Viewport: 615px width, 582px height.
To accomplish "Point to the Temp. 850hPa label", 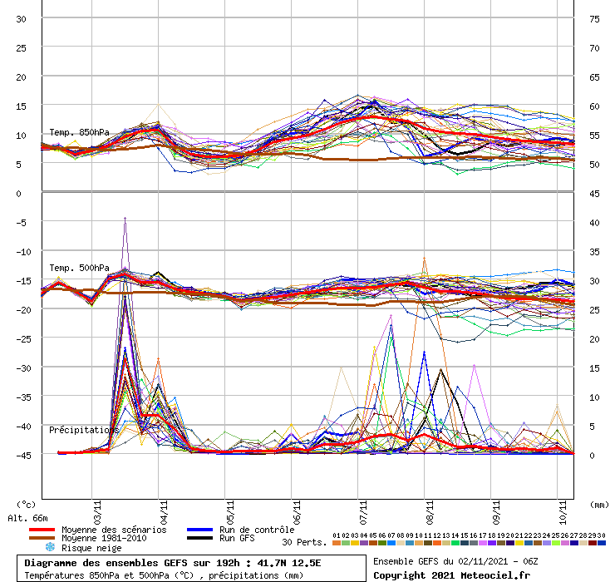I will pyautogui.click(x=79, y=132).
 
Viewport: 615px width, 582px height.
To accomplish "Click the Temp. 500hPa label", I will pyautogui.click(x=79, y=268).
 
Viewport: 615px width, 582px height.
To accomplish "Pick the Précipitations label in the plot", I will pyautogui.click(x=83, y=430).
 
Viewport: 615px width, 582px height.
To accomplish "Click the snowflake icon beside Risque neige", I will pyautogui.click(x=49, y=548).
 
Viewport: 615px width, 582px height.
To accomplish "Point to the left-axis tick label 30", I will pyautogui.click(x=21, y=18).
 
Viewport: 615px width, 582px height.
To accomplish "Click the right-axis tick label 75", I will pyautogui.click(x=594, y=18).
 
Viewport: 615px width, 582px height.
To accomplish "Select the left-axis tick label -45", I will pyautogui.click(x=18, y=455).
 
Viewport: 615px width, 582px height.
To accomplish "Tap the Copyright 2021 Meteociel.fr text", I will pyautogui.click(x=451, y=575).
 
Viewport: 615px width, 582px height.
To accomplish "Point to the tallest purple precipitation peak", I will pyautogui.click(x=125, y=218).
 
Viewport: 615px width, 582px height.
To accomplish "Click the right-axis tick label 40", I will pyautogui.click(x=594, y=222).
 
